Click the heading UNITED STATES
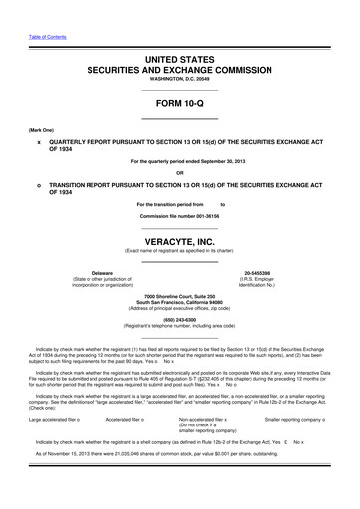180,62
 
